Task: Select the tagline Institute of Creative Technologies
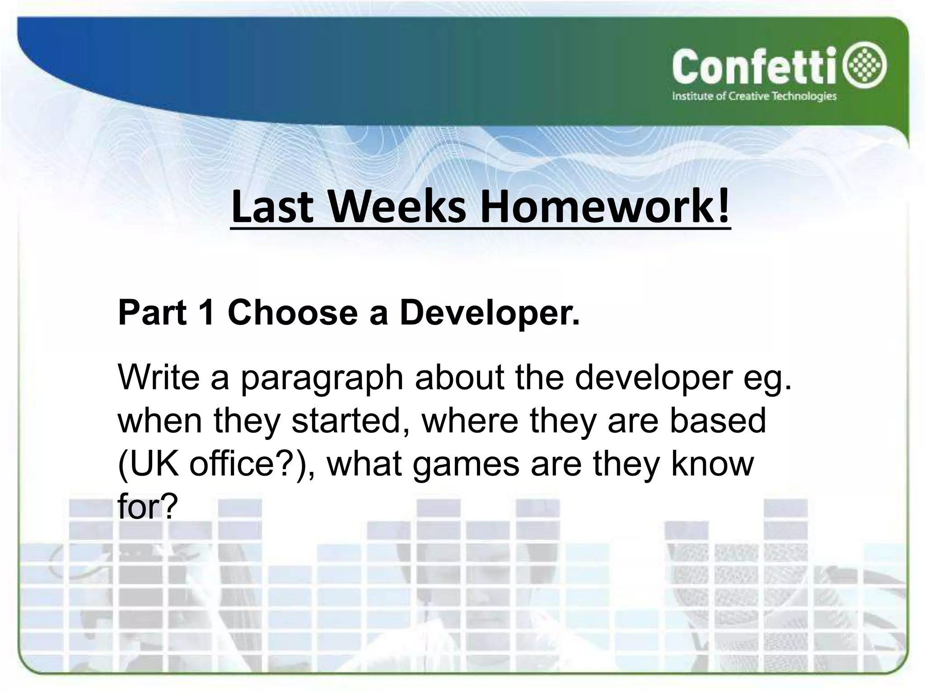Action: coord(754,96)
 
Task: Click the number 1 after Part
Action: coord(207,312)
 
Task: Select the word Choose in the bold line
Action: coord(293,312)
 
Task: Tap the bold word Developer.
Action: coord(489,312)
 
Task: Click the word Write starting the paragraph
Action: coord(158,377)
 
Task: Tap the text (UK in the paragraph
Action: coord(148,464)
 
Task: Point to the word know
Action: coord(712,464)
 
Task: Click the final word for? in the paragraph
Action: coord(145,507)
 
